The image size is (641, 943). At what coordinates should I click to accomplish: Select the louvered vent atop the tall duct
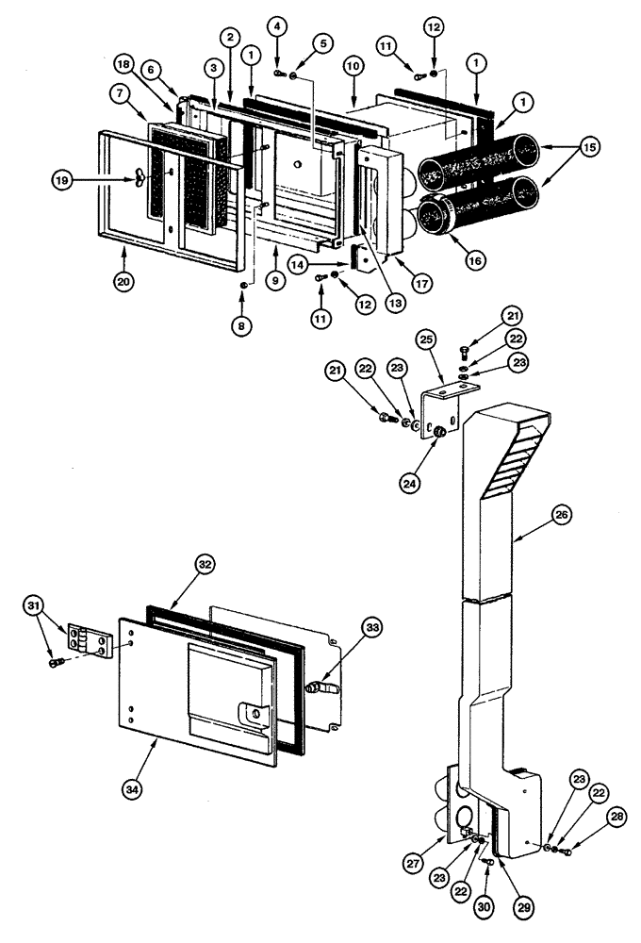[516, 460]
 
